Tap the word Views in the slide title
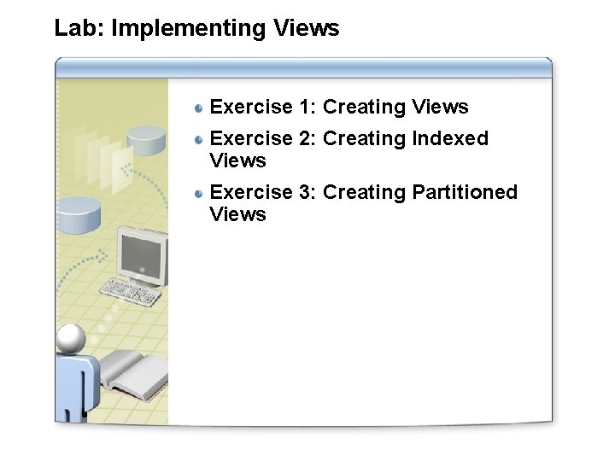pyautogui.click(x=307, y=28)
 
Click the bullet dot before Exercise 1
pyautogui.click(x=198, y=108)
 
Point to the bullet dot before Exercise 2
pyautogui.click(x=198, y=139)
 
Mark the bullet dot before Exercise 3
pyautogui.click(x=198, y=193)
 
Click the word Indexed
pyautogui.click(x=449, y=138)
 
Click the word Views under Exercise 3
pyautogui.click(x=237, y=214)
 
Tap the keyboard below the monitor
pyautogui.click(x=131, y=293)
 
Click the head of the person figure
pyautogui.click(x=70, y=339)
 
